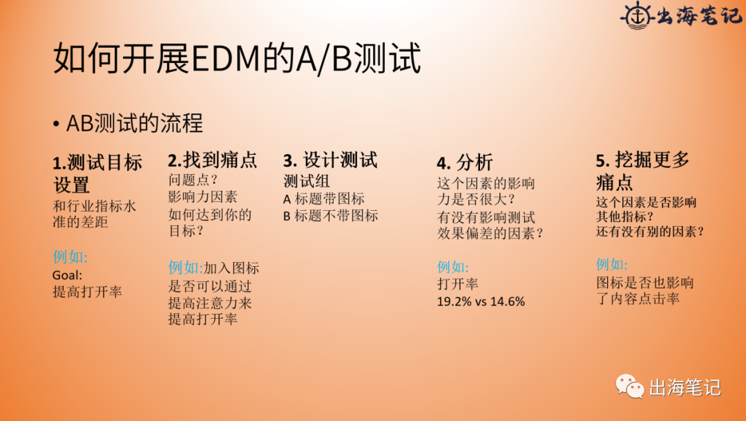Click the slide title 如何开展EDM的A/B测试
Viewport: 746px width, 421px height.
pyautogui.click(x=237, y=59)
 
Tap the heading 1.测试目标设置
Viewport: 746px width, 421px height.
pyautogui.click(x=97, y=174)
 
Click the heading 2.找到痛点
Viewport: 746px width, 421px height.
pyautogui.click(x=212, y=160)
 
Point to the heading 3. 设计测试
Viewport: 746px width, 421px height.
pyautogui.click(x=330, y=160)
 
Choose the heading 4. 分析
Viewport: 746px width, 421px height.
pyautogui.click(x=464, y=163)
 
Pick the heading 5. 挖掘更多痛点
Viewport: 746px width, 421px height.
pyautogui.click(x=642, y=171)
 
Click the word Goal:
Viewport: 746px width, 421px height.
pyautogui.click(x=67, y=274)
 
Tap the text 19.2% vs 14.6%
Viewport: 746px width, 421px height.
pyautogui.click(x=481, y=301)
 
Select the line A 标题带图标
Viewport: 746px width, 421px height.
pyautogui.click(x=324, y=198)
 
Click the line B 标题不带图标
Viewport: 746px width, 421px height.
pyautogui.click(x=331, y=216)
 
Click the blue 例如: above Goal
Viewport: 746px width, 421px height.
pyautogui.click(x=70, y=258)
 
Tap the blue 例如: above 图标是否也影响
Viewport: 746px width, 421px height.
pyautogui.click(x=612, y=265)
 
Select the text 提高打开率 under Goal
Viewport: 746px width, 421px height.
pyautogui.click(x=87, y=292)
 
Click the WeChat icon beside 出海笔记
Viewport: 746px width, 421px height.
pyautogui.click(x=630, y=386)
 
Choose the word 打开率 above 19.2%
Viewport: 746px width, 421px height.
pyautogui.click(x=457, y=284)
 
